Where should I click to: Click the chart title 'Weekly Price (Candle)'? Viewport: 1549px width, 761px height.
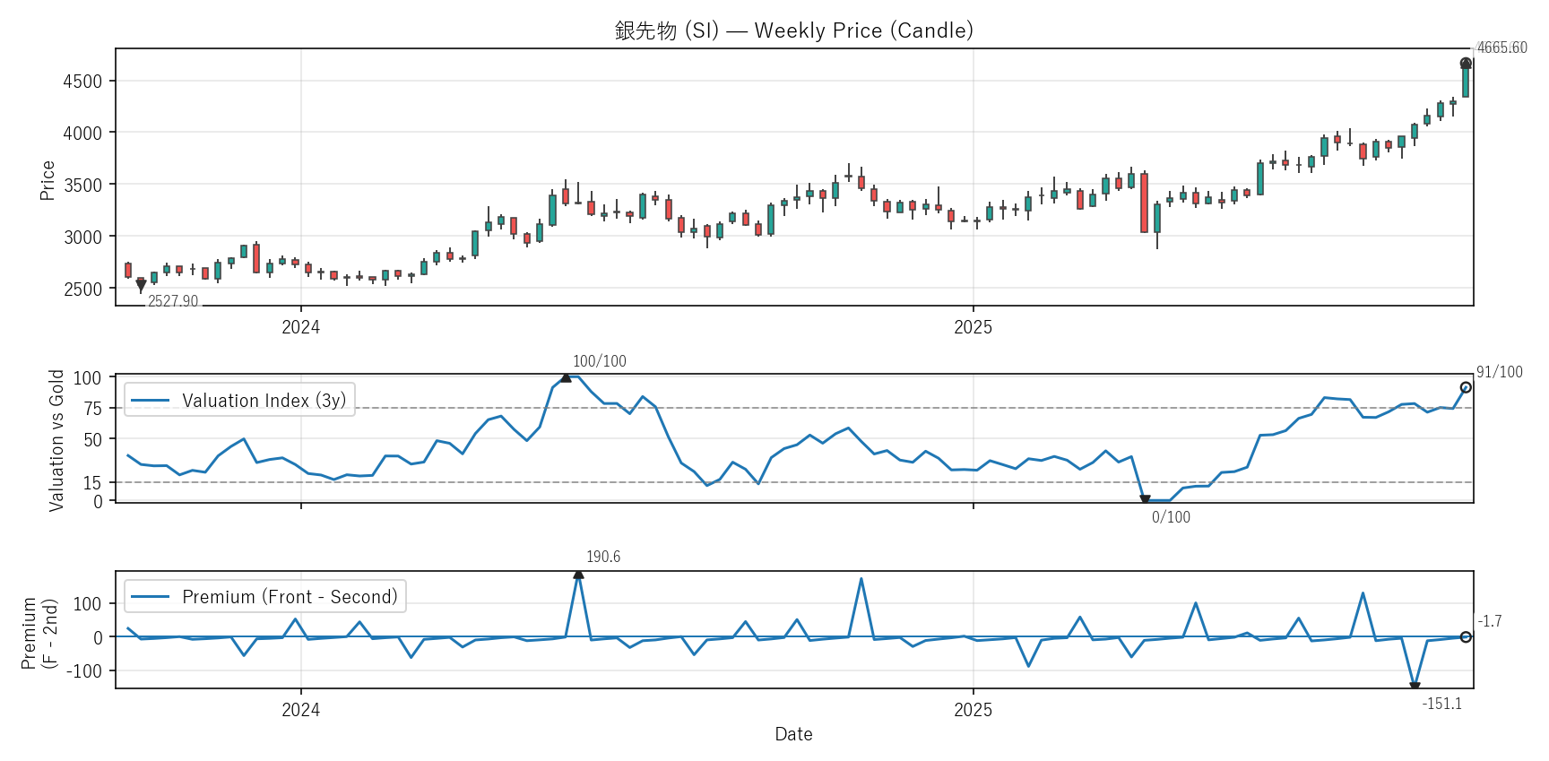(793, 30)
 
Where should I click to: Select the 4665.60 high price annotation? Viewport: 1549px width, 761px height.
(1501, 48)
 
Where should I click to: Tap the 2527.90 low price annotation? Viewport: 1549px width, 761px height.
(173, 301)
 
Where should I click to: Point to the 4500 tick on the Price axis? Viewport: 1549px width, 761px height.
(82, 82)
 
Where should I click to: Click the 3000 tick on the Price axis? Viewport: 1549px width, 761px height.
(82, 238)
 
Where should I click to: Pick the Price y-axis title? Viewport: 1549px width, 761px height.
(48, 180)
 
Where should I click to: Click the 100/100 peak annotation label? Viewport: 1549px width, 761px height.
(600, 361)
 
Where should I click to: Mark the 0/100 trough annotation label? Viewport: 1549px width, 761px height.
(1171, 517)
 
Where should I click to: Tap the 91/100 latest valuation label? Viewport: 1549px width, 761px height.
(1500, 372)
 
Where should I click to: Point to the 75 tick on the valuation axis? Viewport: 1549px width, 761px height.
(92, 409)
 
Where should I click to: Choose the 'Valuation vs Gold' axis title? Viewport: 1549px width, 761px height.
(56, 440)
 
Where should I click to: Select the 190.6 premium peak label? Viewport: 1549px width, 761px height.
(603, 557)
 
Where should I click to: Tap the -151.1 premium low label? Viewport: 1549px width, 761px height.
(1441, 704)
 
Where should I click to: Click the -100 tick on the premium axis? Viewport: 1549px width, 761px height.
(88, 671)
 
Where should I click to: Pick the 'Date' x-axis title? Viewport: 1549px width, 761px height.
(793, 734)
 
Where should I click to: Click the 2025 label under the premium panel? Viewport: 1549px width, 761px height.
(973, 710)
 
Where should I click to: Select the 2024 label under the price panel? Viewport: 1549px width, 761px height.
(300, 327)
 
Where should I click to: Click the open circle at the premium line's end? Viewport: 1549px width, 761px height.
(1466, 637)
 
